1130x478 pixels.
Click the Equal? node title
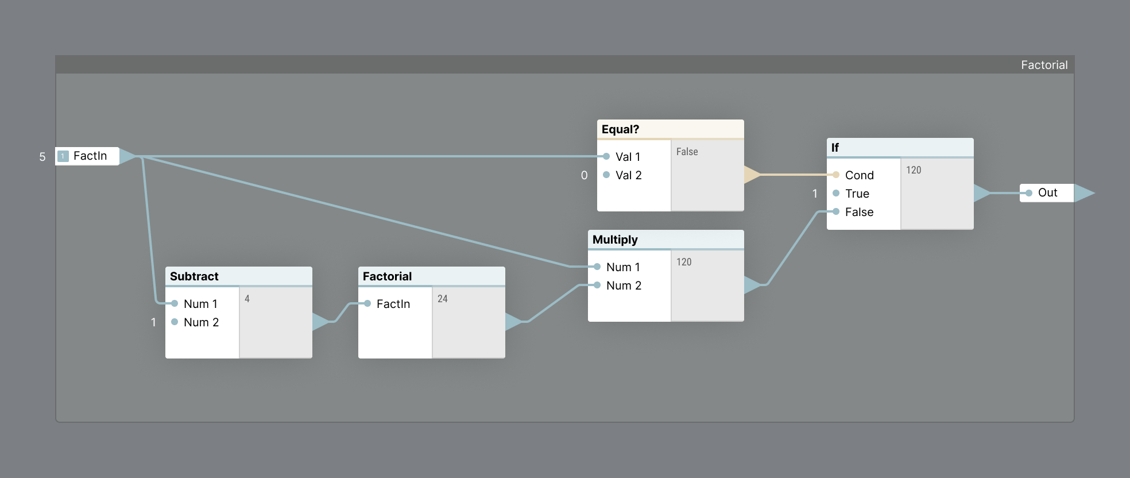pos(620,129)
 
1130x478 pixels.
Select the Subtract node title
pos(194,276)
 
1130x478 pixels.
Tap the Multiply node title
pos(615,240)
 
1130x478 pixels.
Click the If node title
pos(835,148)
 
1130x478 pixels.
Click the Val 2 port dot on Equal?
pos(606,175)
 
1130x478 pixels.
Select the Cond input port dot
pos(836,175)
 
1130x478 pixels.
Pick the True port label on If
pos(857,194)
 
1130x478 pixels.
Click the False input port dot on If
pos(836,211)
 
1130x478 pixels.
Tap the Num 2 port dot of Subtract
pos(175,322)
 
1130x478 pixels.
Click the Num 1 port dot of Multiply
pos(597,267)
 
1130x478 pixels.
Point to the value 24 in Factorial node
pos(443,299)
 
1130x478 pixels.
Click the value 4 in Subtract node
pos(247,299)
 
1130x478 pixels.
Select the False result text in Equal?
pos(687,152)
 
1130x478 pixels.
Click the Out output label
pos(1047,193)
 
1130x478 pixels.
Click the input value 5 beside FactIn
pos(42,157)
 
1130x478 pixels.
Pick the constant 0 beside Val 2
pos(584,175)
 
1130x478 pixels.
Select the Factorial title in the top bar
pos(1044,65)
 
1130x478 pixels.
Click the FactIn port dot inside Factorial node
pos(367,303)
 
